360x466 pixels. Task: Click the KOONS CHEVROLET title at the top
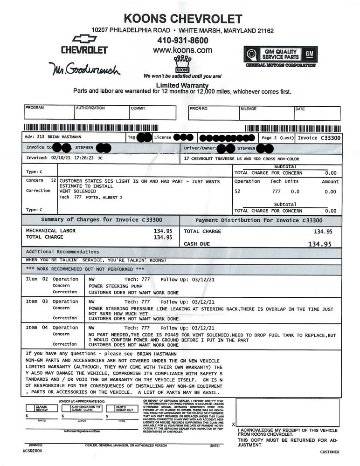click(x=183, y=19)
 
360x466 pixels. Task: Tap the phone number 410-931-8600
click(x=183, y=41)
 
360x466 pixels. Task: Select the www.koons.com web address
click(x=182, y=50)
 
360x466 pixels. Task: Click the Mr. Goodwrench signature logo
click(x=84, y=69)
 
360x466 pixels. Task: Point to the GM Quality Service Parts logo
click(x=280, y=56)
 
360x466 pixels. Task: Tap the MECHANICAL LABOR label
click(x=51, y=231)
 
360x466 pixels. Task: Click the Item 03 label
click(x=37, y=302)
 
